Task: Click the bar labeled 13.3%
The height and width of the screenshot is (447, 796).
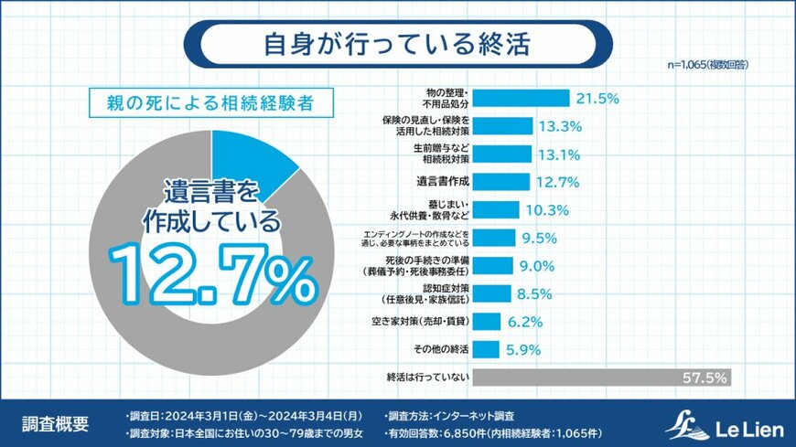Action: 507,125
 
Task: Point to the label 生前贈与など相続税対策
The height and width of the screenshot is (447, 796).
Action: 439,154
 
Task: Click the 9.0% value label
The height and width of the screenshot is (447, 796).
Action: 537,266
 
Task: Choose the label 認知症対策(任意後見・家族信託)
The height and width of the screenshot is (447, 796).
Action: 428,294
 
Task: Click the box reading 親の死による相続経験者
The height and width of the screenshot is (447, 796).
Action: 209,103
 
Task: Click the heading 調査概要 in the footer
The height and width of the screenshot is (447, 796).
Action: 56,424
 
